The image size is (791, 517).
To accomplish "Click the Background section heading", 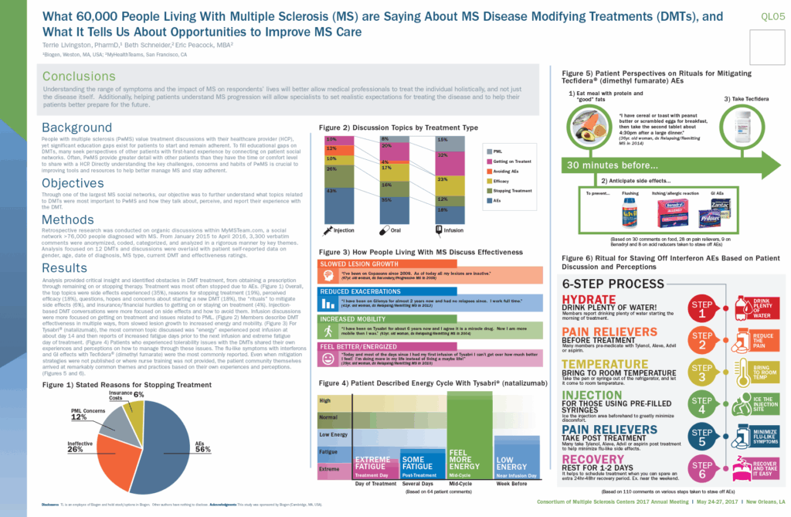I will click(77, 128).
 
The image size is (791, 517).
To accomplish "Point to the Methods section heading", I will click(68, 220).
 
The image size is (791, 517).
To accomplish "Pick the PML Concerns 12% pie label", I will click(89, 413).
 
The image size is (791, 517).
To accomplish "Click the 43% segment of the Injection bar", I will click(330, 191).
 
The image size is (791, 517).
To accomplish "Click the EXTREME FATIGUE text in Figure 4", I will click(377, 464).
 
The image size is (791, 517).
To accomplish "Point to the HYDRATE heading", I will click(589, 299).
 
